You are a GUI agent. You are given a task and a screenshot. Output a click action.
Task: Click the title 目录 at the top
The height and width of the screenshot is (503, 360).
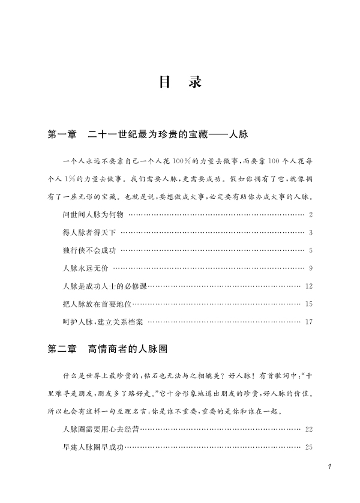(x=180, y=83)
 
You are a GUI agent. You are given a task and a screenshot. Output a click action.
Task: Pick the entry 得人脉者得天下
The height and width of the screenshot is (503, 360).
(x=89, y=232)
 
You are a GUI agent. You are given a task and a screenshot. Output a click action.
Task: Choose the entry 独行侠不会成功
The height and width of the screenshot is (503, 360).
(x=89, y=250)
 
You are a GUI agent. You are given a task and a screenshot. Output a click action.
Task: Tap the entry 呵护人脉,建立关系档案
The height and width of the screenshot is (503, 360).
(x=103, y=322)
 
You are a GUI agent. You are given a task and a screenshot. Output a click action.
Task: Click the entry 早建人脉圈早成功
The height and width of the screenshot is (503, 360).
(x=93, y=447)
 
